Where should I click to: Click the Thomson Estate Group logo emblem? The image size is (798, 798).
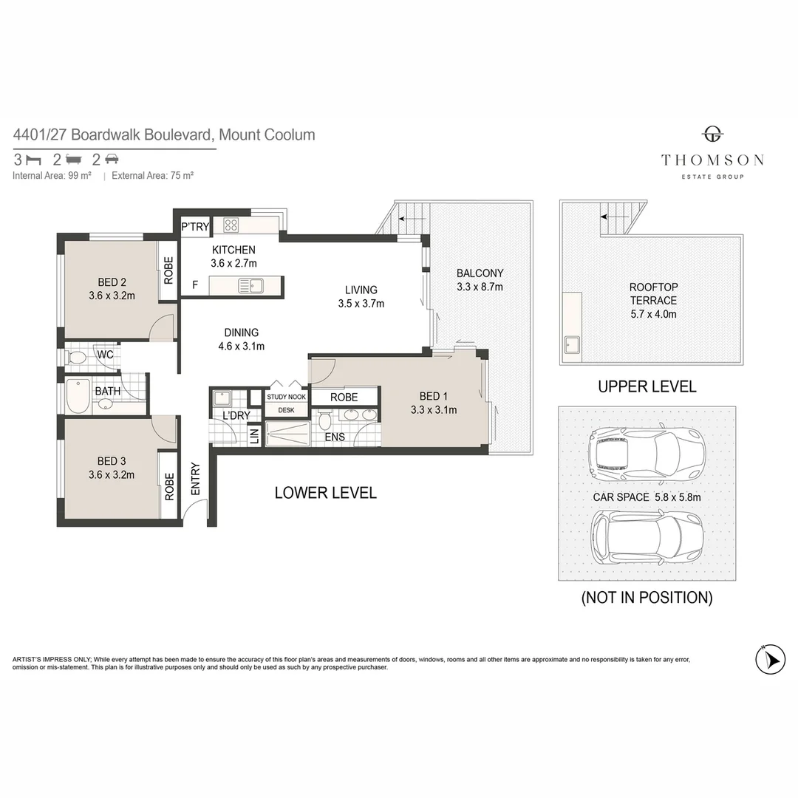tap(712, 134)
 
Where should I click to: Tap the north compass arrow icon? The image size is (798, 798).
tap(770, 658)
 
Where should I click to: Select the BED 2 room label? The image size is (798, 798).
tap(112, 282)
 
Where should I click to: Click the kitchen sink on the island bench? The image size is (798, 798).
tap(251, 285)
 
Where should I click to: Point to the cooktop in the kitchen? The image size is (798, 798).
tap(231, 226)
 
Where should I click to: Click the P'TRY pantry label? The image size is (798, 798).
tap(196, 227)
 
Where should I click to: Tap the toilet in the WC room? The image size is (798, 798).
tap(77, 358)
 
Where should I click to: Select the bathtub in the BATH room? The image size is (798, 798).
tap(78, 396)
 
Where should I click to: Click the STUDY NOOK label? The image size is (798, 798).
tap(286, 397)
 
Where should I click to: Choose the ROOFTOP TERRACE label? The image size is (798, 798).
tap(652, 293)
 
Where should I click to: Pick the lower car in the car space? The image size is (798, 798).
tap(647, 537)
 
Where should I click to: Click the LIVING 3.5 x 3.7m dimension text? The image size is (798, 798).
tap(361, 303)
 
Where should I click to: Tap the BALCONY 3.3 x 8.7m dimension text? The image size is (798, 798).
tap(480, 287)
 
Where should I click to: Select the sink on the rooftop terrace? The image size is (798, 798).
tap(571, 344)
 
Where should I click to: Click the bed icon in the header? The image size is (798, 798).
tap(33, 159)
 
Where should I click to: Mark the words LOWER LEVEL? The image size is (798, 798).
tap(325, 493)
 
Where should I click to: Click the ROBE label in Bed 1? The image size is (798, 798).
tap(344, 397)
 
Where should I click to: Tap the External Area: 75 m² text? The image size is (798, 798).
tap(152, 176)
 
